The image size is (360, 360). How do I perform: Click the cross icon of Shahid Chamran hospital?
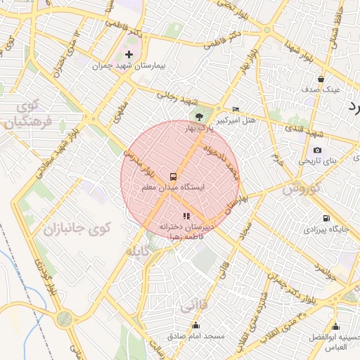(128, 54)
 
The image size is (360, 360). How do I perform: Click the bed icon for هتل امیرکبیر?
(236, 110)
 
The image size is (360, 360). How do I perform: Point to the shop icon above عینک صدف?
(321, 79)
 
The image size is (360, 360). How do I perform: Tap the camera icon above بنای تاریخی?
(317, 150)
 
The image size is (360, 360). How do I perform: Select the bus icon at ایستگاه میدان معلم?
(173, 175)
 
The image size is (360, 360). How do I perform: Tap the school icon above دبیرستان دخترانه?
(186, 216)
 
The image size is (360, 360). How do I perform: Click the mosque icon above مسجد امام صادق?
(195, 326)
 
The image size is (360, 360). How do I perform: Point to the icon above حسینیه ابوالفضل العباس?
(335, 326)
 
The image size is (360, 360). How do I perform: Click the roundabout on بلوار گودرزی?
(65, 319)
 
